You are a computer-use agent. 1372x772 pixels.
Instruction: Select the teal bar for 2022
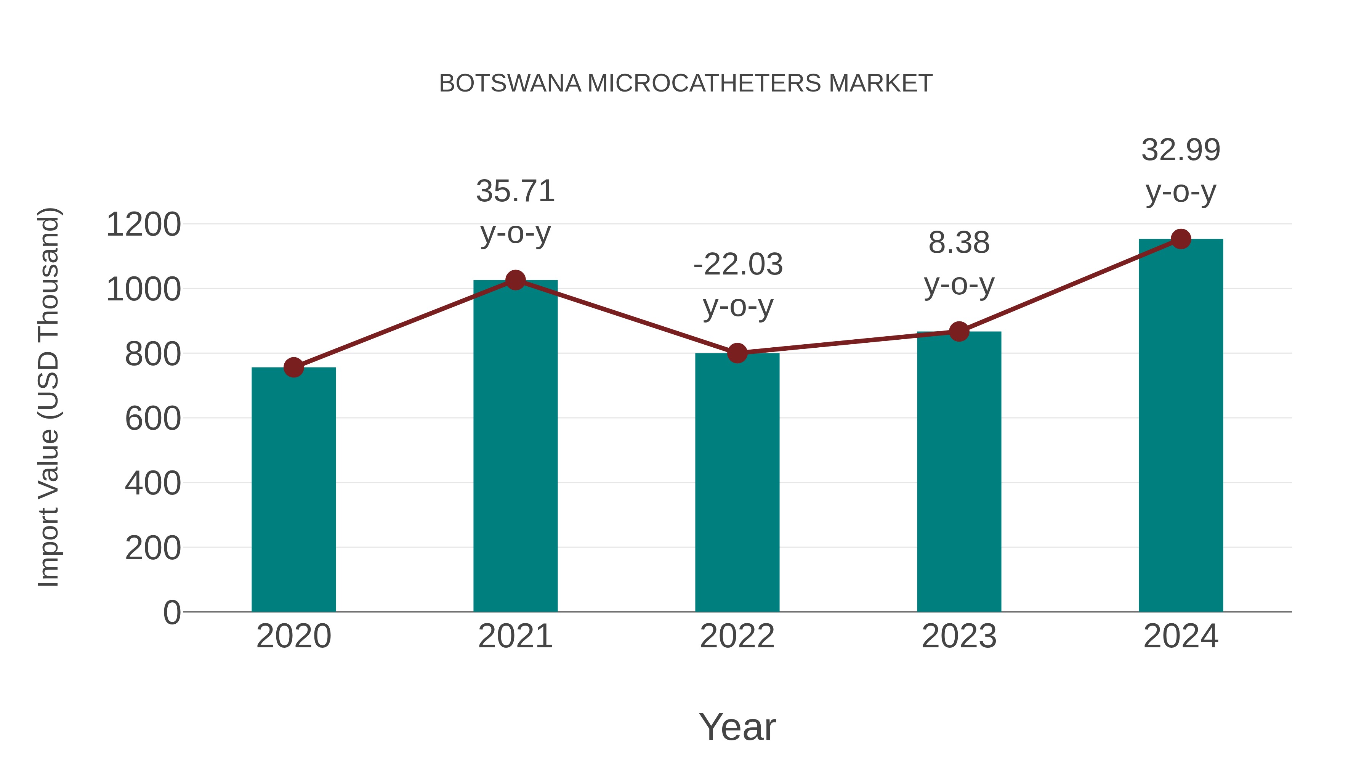(737, 482)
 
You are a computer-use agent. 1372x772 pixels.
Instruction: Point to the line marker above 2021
(515, 280)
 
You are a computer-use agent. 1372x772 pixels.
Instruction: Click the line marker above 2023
(959, 331)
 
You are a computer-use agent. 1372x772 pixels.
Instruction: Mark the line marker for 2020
(293, 367)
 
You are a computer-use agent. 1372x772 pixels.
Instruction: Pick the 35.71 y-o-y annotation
(515, 212)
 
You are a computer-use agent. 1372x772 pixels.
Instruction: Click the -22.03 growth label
(738, 285)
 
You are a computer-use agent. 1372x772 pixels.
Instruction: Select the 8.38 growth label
(959, 263)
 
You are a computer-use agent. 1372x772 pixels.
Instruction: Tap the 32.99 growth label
(1181, 170)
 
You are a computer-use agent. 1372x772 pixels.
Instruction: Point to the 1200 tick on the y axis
(143, 224)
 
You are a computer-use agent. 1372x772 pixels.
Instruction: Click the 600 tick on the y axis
(153, 419)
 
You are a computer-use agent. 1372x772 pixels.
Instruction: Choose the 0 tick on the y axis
(171, 612)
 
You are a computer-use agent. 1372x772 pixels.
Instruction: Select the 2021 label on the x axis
(515, 636)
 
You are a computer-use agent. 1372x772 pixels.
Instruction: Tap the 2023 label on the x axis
(959, 636)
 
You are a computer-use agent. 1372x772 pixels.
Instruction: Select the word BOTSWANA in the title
(510, 83)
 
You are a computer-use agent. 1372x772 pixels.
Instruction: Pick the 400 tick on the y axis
(153, 483)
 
